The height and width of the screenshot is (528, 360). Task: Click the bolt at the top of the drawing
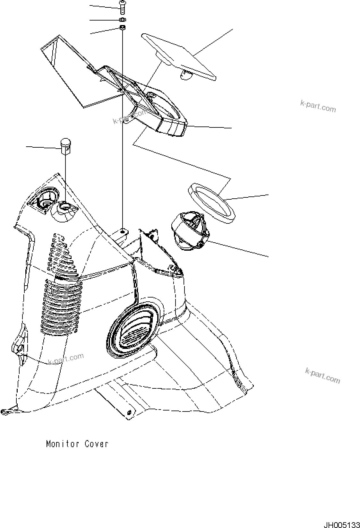[x=122, y=7]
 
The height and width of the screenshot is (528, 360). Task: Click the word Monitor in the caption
[x=63, y=444]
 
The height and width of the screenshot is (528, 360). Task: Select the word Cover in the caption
[x=96, y=444]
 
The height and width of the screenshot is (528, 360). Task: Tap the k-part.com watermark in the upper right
[x=318, y=106]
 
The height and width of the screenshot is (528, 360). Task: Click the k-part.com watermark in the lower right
[x=322, y=376]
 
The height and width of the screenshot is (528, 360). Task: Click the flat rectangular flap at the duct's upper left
[x=67, y=71]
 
